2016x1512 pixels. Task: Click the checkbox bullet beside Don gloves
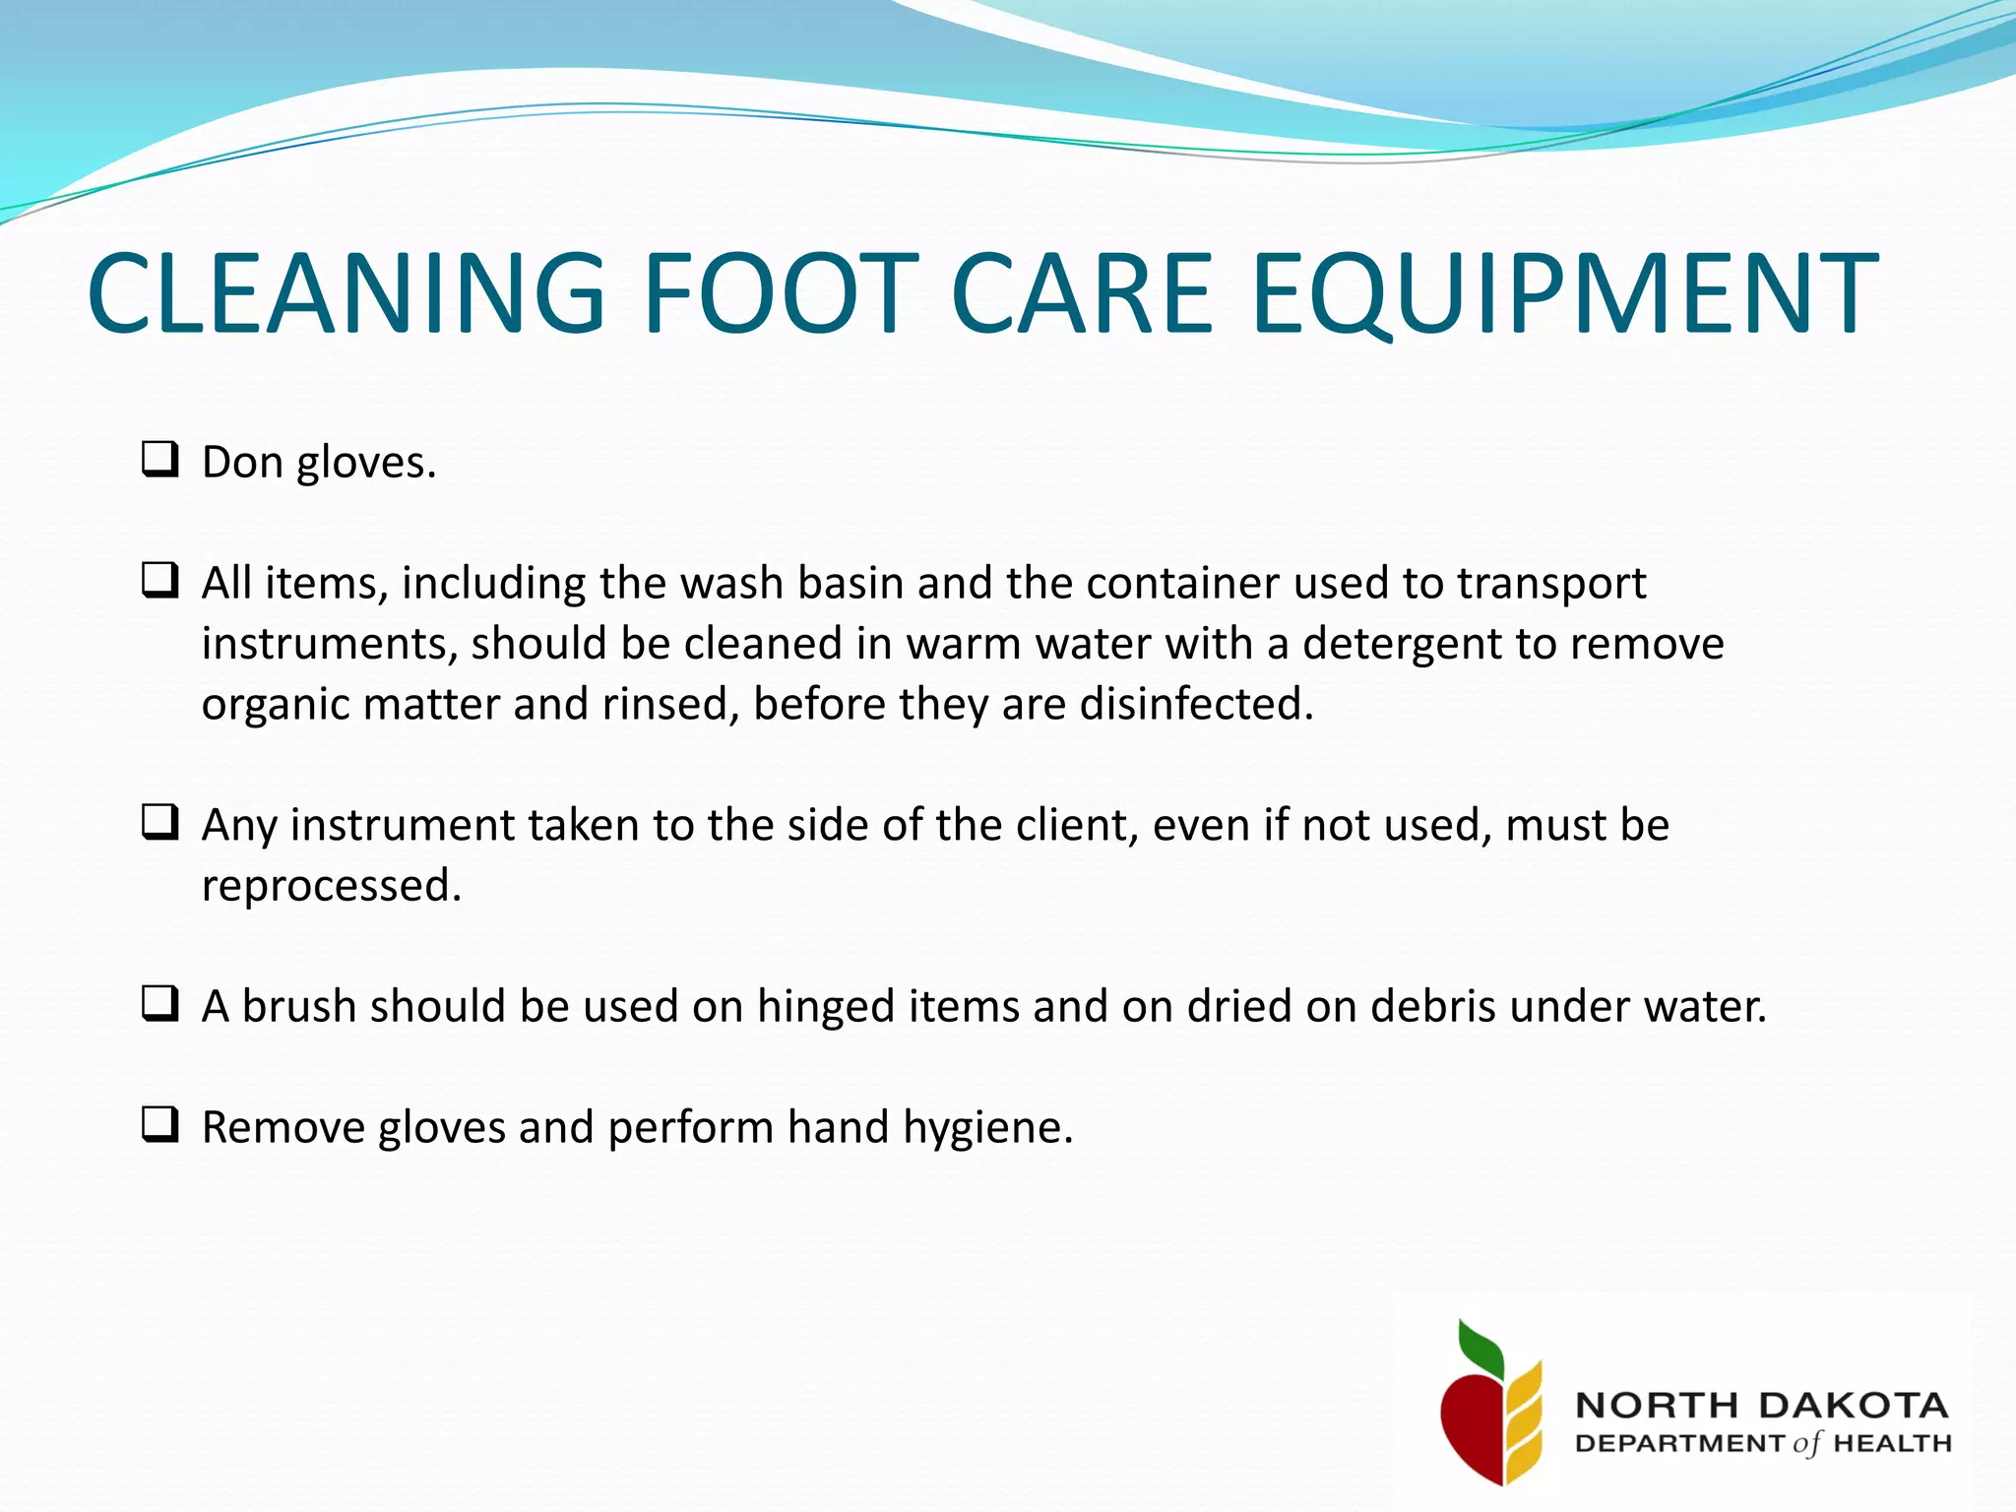pyautogui.click(x=159, y=460)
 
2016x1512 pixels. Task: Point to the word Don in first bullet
pyautogui.click(x=242, y=462)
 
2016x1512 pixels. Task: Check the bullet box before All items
pyautogui.click(x=159, y=581)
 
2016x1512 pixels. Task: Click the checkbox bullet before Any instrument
pyautogui.click(x=159, y=822)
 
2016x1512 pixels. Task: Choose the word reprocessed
pyautogui.click(x=331, y=886)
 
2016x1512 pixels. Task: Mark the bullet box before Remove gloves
pyautogui.click(x=159, y=1124)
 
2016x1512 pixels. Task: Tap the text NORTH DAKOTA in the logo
pyautogui.click(x=1761, y=1405)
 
